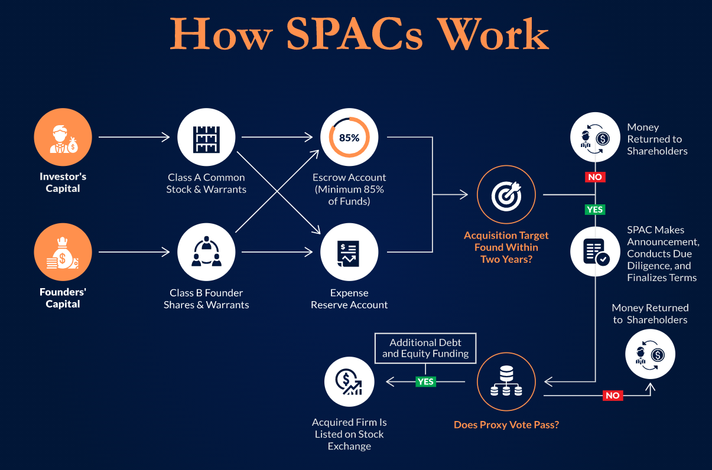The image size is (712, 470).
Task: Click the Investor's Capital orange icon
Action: [x=63, y=138]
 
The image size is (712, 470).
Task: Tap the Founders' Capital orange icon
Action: [x=63, y=252]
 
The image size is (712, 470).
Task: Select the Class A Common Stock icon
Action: [x=206, y=138]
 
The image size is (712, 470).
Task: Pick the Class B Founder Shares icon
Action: [x=206, y=252]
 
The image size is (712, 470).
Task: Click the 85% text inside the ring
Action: [x=349, y=138]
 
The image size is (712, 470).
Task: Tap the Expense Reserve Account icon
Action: [x=349, y=252]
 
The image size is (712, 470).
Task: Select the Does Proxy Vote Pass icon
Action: [x=506, y=382]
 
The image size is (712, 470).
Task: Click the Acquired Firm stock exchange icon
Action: [x=349, y=382]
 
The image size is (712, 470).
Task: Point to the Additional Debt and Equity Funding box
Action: [x=425, y=348]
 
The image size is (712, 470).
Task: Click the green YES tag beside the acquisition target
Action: [x=595, y=210]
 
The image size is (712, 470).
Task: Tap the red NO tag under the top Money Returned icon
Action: [x=595, y=177]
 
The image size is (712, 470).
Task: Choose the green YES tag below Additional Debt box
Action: [x=425, y=381]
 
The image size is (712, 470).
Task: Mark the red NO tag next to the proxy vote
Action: [x=613, y=396]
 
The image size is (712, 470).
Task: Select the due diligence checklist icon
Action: [x=595, y=252]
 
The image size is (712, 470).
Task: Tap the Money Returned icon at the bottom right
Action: [x=650, y=354]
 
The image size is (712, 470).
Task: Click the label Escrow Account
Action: [x=349, y=177]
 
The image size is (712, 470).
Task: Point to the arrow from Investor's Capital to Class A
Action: [x=134, y=138]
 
